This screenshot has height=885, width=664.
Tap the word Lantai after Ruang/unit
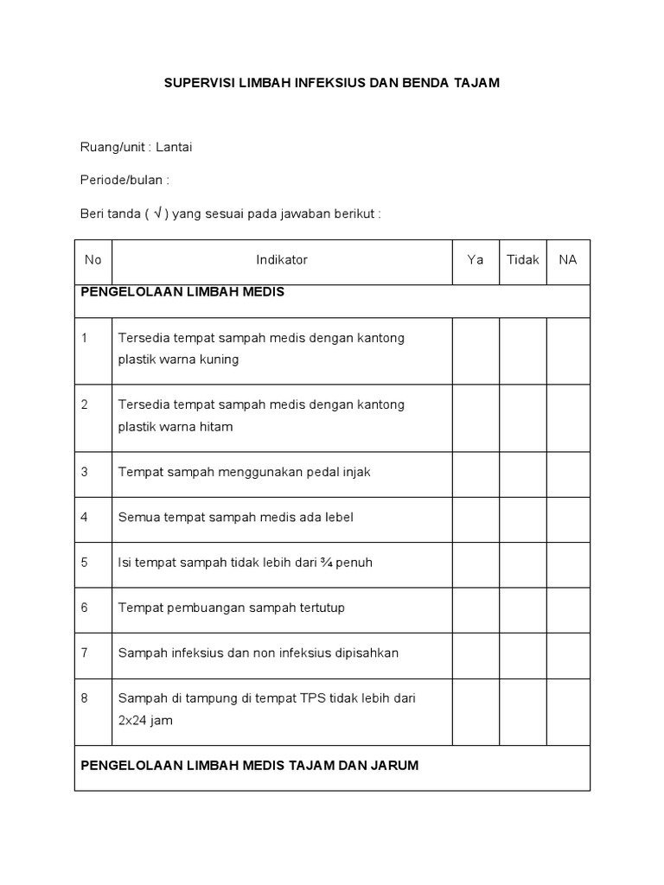coord(174,147)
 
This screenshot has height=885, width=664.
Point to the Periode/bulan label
coord(124,180)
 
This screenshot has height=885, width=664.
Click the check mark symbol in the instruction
coord(159,213)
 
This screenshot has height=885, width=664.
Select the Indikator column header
coord(282,259)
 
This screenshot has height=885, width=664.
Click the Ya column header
coord(476,259)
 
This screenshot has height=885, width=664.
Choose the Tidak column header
coord(523,259)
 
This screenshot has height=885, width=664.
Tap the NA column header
coord(568,259)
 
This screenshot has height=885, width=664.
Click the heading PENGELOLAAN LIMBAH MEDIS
coord(182,292)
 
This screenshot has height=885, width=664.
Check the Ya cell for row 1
coord(476,350)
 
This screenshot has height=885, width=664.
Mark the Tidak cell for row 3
coord(523,474)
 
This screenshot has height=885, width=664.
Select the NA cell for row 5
coord(568,563)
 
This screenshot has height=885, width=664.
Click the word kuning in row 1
coord(219,360)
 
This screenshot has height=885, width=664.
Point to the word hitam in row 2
coord(216,427)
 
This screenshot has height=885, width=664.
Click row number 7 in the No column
coord(85,653)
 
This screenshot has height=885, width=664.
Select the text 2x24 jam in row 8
coord(145,721)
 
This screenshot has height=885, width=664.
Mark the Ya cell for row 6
coord(476,608)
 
